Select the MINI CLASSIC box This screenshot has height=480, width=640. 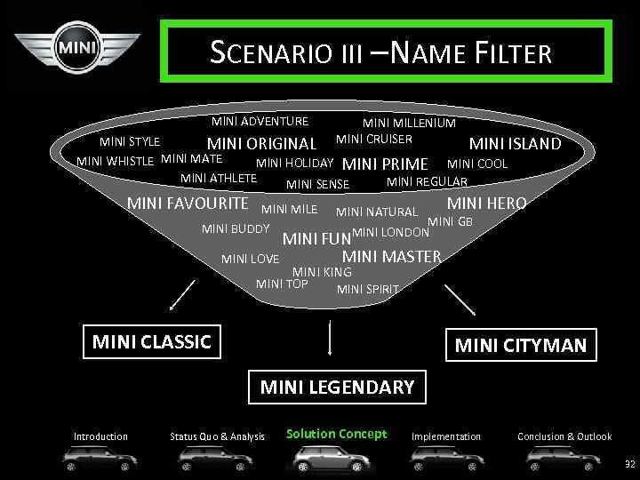pos(152,341)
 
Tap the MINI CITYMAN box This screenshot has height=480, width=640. pos(521,345)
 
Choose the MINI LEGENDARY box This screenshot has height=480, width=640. pos(337,387)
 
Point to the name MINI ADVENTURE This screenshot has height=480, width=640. pos(260,122)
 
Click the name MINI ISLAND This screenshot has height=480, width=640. pos(515,144)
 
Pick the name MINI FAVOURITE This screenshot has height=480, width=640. pos(188,204)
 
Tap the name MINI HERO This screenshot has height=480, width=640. pos(486,204)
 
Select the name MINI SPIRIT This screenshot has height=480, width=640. pos(368,289)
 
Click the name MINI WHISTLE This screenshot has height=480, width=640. pos(116,161)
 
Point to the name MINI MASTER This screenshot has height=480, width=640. pos(392,257)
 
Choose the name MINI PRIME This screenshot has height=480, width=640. pos(385,164)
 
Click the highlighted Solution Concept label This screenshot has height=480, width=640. pos(336,434)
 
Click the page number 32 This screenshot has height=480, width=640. pos(630,464)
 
